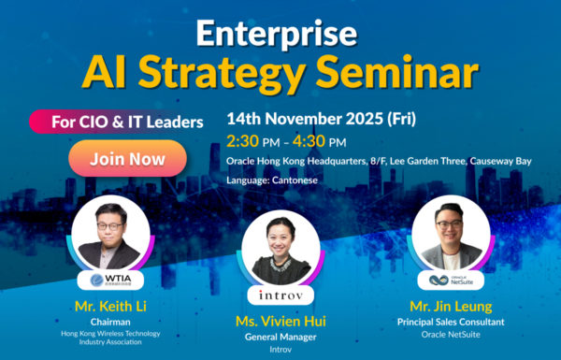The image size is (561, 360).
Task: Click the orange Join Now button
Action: tap(128, 158)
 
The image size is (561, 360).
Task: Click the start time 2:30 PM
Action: tap(259, 141)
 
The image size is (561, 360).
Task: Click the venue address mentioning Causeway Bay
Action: tap(379, 162)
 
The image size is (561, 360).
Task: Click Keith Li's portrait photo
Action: tap(111, 235)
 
